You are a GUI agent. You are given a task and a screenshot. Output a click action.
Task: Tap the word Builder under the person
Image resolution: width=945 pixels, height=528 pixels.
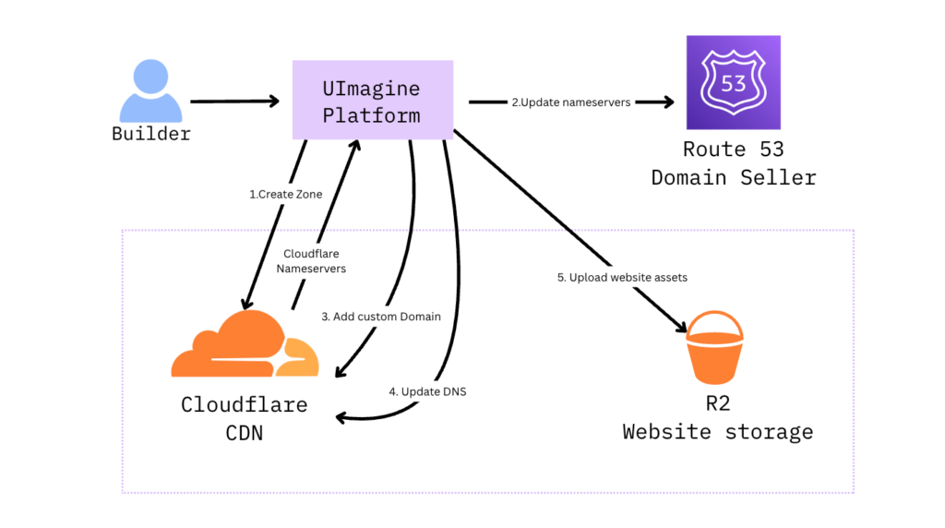150,134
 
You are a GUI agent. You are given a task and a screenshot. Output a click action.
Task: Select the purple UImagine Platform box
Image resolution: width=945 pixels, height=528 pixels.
372,100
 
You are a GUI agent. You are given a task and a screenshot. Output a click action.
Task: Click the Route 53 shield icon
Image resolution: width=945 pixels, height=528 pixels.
733,82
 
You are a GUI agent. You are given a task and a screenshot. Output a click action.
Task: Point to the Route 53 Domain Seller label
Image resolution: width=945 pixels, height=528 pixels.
733,163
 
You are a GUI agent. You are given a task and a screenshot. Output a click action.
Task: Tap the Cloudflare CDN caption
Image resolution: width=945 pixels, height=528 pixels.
244,418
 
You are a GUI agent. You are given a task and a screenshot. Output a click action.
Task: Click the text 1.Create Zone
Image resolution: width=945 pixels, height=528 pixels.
285,195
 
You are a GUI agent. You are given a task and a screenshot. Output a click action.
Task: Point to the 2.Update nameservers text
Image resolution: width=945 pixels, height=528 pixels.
571,102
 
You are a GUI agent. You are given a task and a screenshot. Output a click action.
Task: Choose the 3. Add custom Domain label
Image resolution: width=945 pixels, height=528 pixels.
381,317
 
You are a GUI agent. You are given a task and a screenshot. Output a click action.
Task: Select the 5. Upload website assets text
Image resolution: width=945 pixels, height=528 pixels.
622,277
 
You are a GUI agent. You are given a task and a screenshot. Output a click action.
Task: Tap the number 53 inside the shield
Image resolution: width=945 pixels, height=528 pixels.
733,84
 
